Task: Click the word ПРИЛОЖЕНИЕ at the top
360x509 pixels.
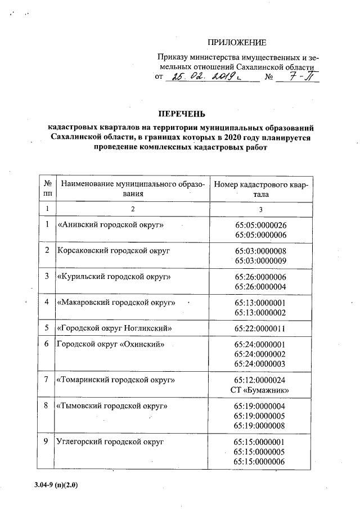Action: click(236, 43)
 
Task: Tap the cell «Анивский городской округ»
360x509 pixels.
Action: click(111, 224)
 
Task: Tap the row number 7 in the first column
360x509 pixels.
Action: click(47, 380)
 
